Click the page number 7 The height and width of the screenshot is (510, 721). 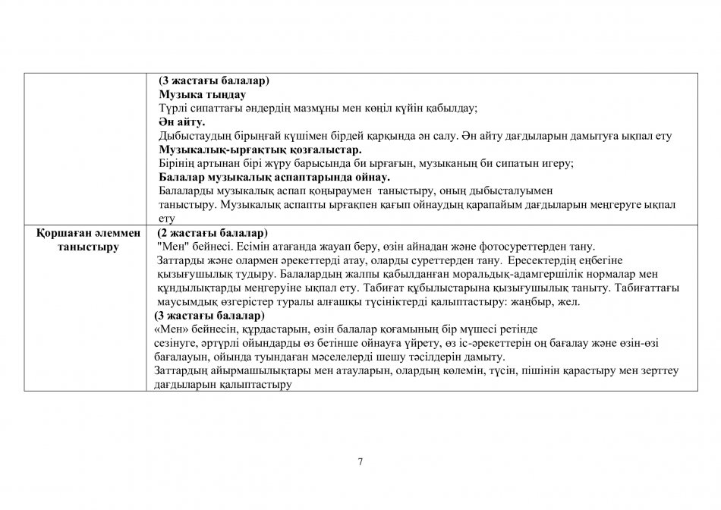point(360,462)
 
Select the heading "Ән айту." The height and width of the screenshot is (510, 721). point(182,122)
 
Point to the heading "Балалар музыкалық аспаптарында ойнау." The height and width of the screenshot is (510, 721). point(274,177)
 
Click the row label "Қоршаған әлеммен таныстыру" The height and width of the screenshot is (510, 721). point(85,240)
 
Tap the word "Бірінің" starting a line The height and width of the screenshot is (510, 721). point(176,163)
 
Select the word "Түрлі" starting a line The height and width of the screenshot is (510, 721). point(172,109)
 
